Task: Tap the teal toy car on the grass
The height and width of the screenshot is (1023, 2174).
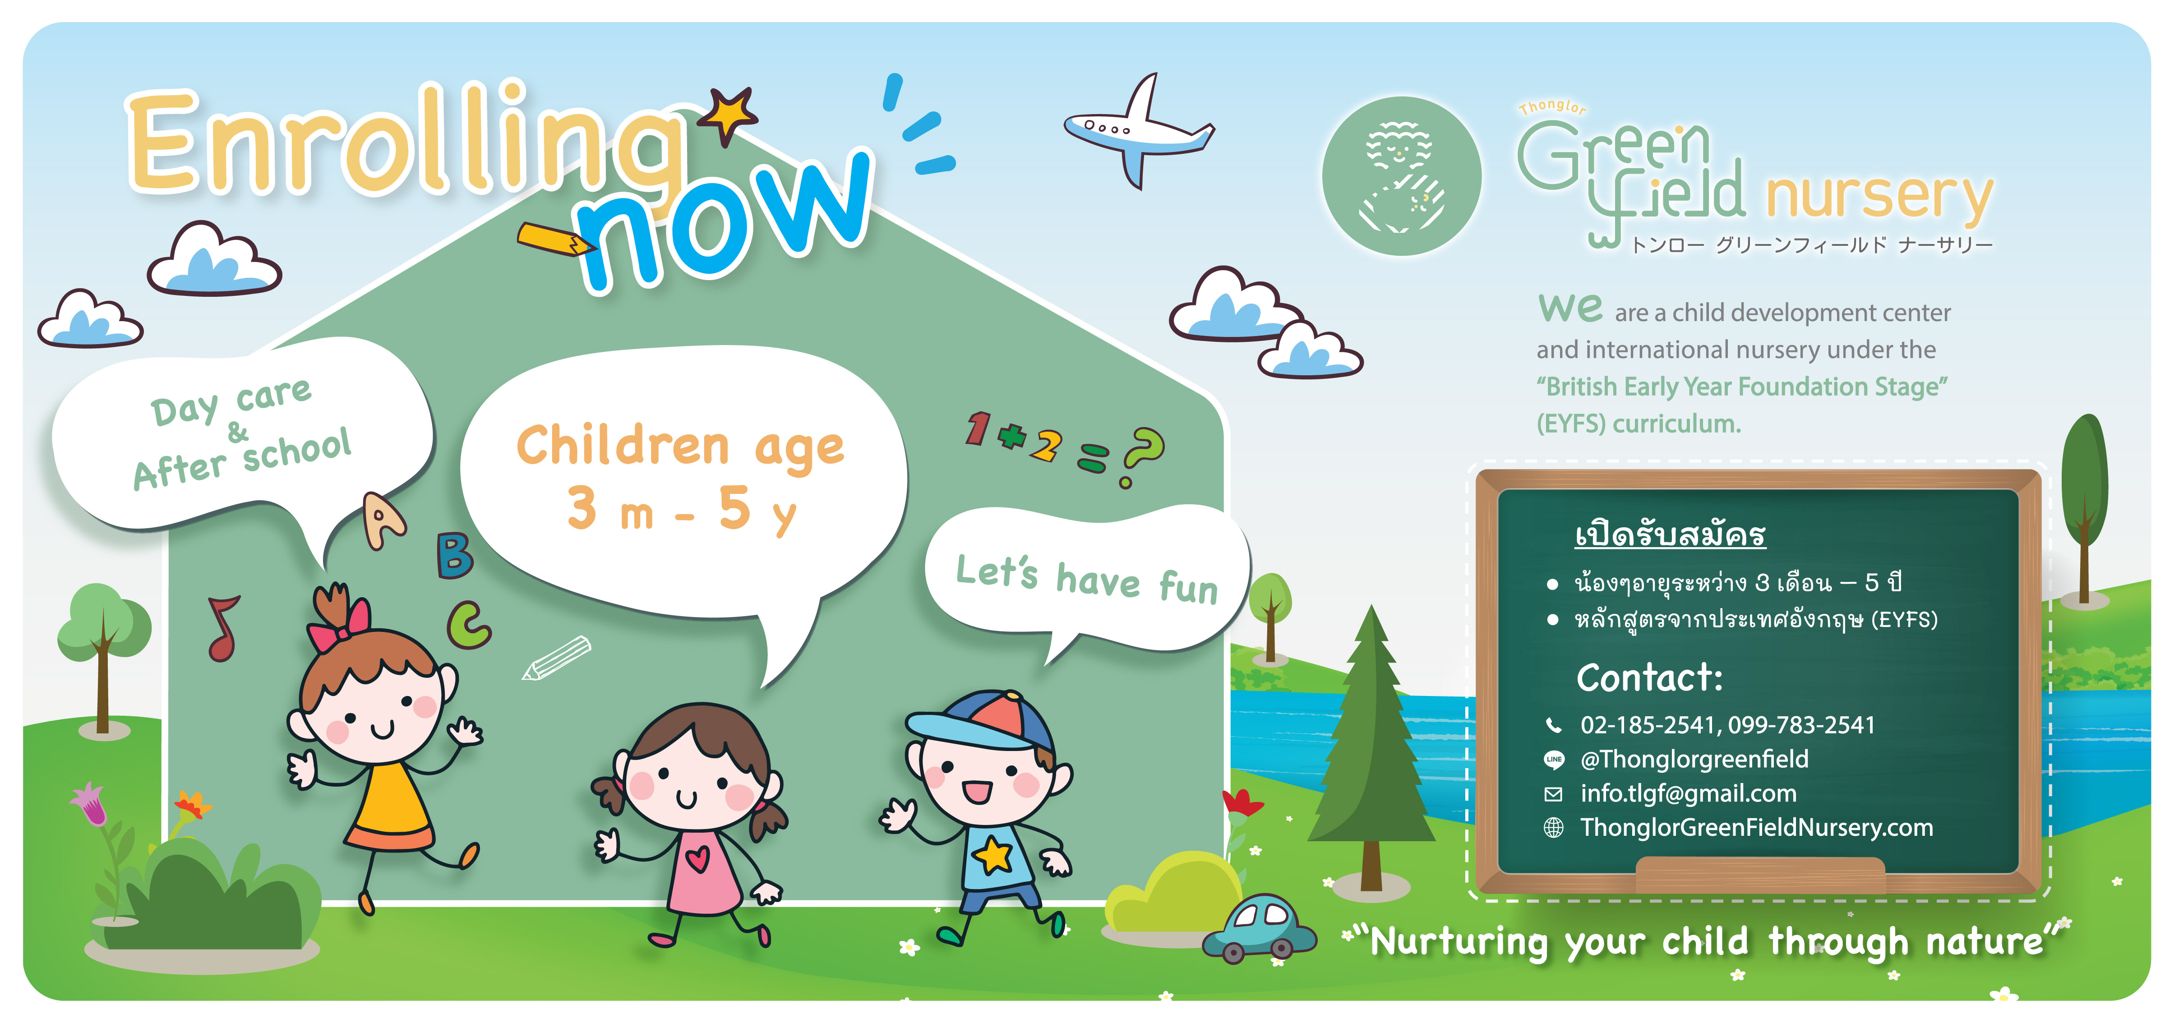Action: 1259,928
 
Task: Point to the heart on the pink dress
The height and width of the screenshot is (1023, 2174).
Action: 697,859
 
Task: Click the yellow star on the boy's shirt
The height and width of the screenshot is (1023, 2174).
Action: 994,854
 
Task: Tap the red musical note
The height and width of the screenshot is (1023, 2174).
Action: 224,629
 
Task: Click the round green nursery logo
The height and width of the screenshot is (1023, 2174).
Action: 1401,175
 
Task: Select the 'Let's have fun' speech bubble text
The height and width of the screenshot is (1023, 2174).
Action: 1087,579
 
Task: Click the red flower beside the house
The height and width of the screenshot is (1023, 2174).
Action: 1242,802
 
